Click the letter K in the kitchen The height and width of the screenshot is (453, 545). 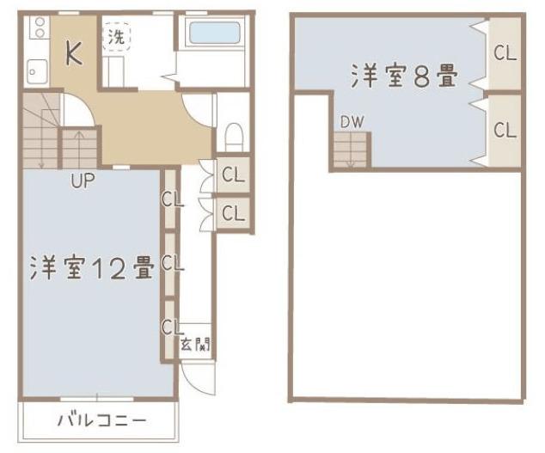75,53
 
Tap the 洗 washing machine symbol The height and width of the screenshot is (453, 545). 116,38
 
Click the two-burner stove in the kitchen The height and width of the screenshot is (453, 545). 38,31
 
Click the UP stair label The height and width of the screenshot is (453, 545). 83,181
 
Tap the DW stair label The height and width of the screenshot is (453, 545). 350,122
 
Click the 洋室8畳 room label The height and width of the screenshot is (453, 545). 403,77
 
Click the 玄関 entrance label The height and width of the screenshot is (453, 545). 195,346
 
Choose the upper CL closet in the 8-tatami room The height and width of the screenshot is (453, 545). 505,53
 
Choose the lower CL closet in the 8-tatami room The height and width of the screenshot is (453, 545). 505,131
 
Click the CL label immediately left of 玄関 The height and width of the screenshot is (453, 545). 171,328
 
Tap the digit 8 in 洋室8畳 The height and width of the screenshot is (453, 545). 421,77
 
